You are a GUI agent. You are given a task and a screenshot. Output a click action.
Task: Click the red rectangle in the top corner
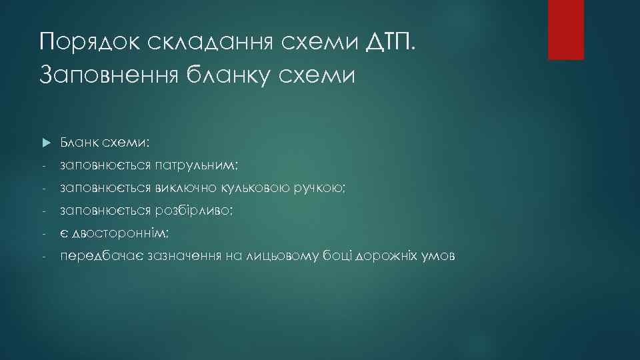565,29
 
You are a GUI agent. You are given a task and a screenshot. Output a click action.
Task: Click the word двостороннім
120,234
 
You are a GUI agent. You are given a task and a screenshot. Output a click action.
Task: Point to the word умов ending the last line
440,257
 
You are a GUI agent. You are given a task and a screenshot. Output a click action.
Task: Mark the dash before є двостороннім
43,234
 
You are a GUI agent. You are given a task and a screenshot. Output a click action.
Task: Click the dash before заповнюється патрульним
43,165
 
